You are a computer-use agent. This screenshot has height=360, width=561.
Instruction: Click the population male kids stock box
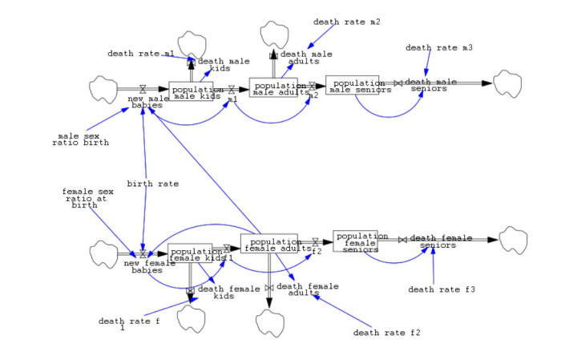pyautogui.click(x=191, y=91)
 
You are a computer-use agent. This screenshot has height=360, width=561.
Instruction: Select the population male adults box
pyautogui.click(x=278, y=87)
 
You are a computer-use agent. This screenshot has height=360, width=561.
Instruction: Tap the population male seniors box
pyautogui.click(x=352, y=85)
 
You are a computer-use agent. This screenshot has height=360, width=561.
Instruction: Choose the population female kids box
pyautogui.click(x=190, y=253)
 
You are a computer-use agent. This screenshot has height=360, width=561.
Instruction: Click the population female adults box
pyautogui.click(x=268, y=244)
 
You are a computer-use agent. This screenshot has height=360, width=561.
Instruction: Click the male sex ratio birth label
pyautogui.click(x=79, y=140)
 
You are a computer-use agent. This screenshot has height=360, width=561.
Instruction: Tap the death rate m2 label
pyautogui.click(x=346, y=22)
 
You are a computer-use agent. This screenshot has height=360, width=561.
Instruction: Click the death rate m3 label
pyautogui.click(x=438, y=47)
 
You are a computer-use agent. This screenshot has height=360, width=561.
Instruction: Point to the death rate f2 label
pyautogui.click(x=386, y=332)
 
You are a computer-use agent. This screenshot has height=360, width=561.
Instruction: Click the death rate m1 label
pyautogui.click(x=141, y=54)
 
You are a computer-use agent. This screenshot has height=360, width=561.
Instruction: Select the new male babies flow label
pyautogui.click(x=148, y=102)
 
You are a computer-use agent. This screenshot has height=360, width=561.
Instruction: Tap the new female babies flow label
pyautogui.click(x=147, y=267)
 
